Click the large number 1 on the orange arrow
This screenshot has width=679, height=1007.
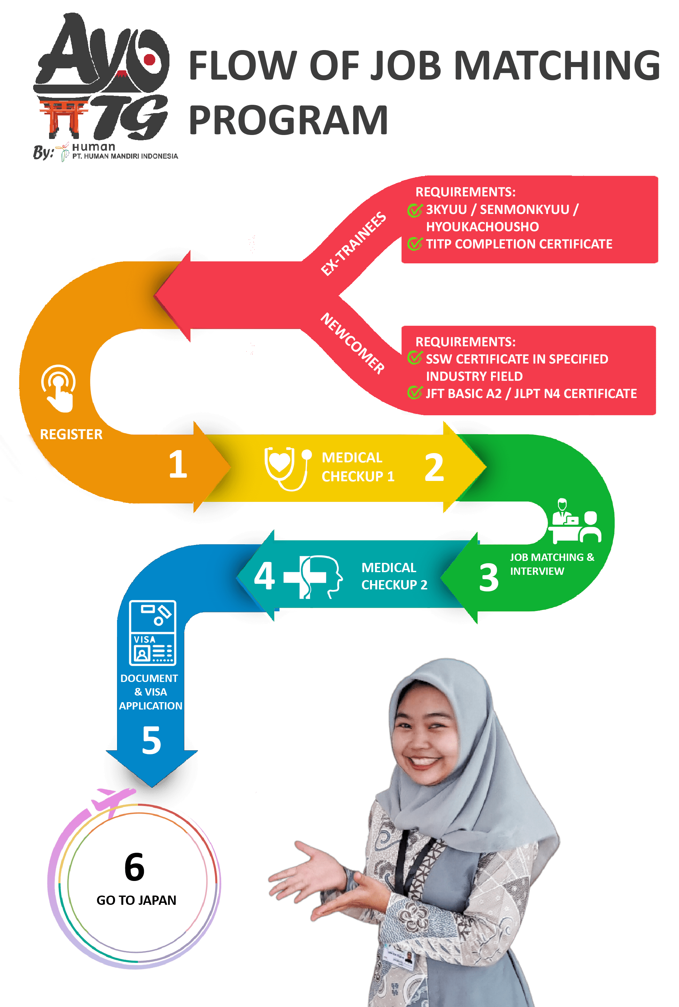(x=178, y=464)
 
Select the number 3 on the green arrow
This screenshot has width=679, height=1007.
(x=488, y=577)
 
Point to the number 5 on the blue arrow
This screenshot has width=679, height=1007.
(x=152, y=740)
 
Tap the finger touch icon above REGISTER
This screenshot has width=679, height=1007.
(x=58, y=388)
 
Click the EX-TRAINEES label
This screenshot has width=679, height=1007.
(x=353, y=243)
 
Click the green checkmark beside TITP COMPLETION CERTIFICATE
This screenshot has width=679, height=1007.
(x=414, y=244)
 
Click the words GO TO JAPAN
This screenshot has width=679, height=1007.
(x=136, y=901)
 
